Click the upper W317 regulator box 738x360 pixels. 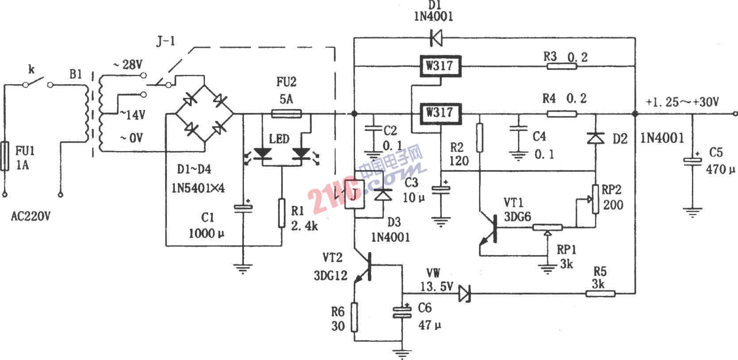[440, 66]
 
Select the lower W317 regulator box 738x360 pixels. [440, 113]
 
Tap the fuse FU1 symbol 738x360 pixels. [5, 156]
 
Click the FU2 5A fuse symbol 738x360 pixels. [286, 114]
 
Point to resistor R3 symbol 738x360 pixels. [562, 66]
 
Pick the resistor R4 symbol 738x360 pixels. [562, 114]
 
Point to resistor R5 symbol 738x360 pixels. [600, 293]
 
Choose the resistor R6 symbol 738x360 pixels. [354, 317]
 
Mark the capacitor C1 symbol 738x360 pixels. [242, 208]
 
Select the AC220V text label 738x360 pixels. [31, 217]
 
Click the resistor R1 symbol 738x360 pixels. [282, 213]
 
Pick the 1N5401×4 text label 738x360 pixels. [198, 188]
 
